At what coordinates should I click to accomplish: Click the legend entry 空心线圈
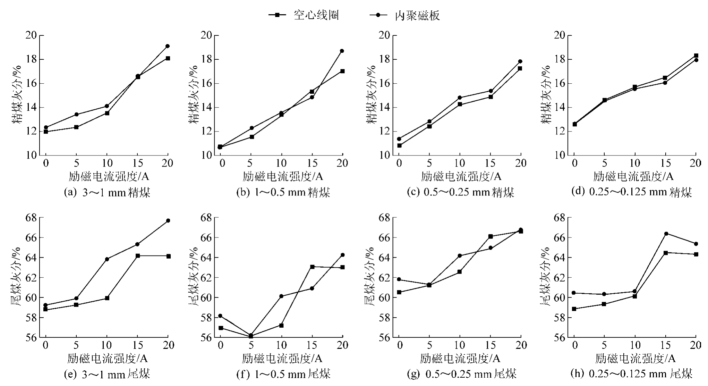click(x=304, y=15)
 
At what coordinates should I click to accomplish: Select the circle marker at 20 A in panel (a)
click(x=168, y=46)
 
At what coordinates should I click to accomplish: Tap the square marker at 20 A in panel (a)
click(x=168, y=58)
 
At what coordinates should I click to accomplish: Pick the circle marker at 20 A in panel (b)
click(x=342, y=51)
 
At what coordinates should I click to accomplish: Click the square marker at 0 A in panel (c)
click(x=399, y=145)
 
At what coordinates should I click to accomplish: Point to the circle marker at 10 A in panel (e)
click(x=107, y=259)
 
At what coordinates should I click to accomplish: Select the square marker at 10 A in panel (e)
click(x=107, y=298)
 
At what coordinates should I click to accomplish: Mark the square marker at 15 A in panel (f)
click(x=312, y=267)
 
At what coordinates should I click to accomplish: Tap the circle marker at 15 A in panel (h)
click(x=666, y=234)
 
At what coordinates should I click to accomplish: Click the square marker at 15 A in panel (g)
click(x=491, y=236)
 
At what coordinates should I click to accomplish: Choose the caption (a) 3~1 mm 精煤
click(x=107, y=192)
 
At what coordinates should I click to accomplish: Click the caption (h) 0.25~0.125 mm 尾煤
click(x=631, y=374)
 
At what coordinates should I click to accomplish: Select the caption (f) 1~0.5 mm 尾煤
click(x=283, y=374)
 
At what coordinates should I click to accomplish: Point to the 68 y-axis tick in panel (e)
click(x=31, y=218)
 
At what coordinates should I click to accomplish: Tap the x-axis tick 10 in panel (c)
click(x=460, y=163)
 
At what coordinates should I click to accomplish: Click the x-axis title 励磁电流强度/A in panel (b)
click(x=282, y=177)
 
